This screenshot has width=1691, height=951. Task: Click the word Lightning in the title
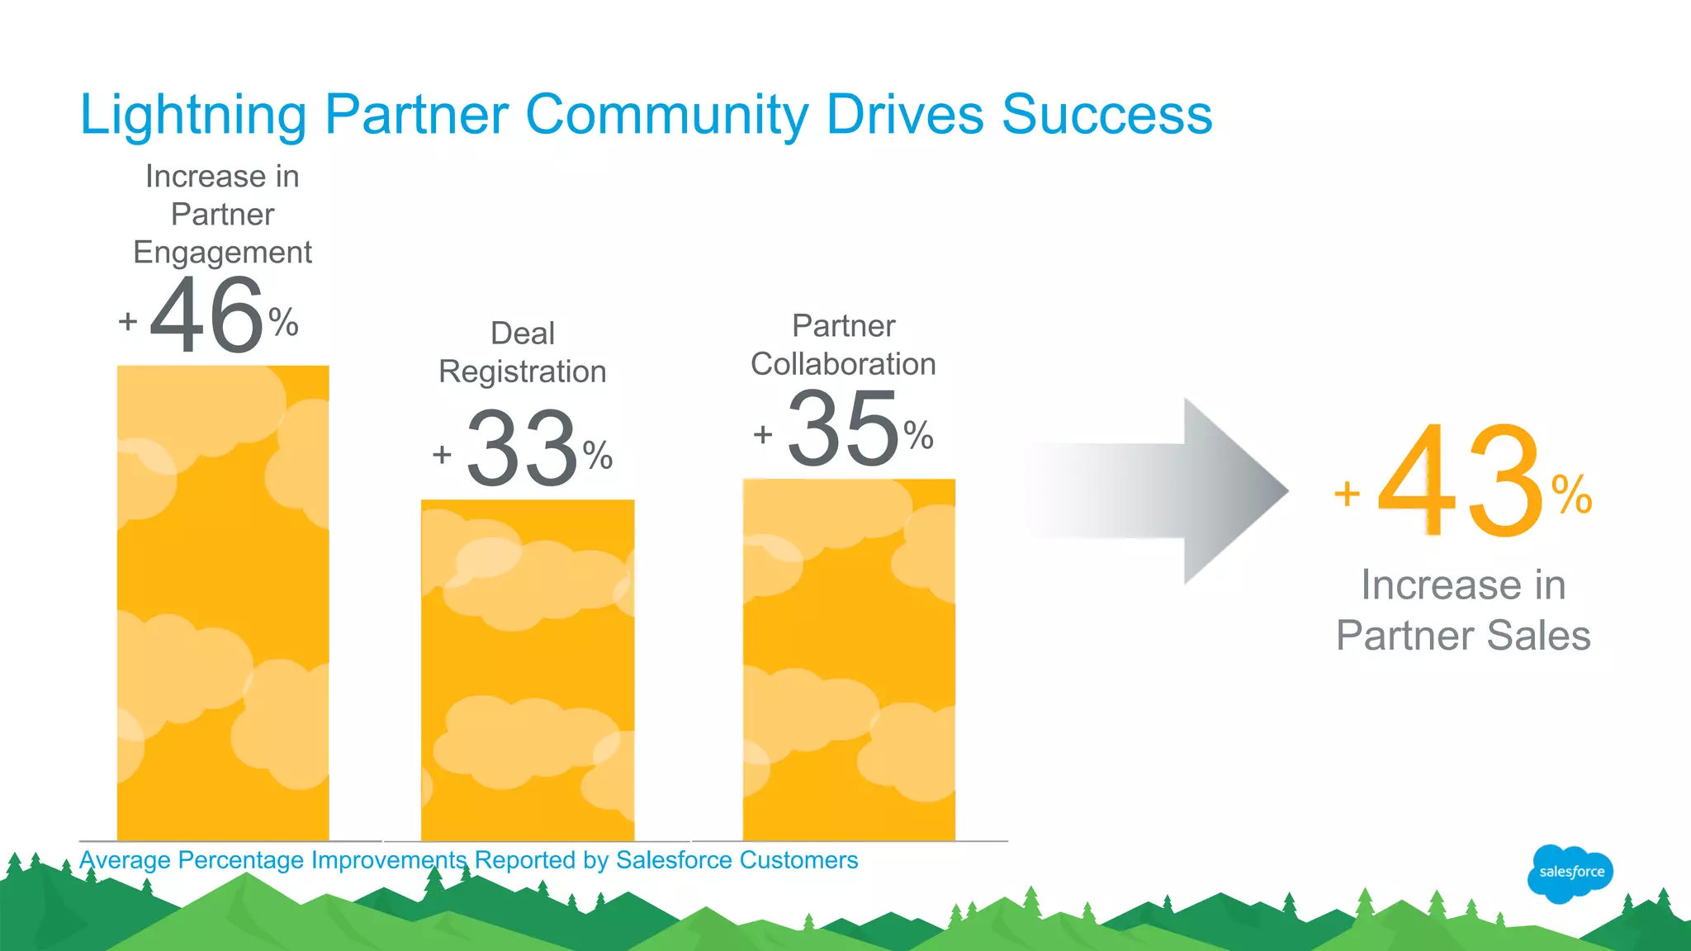click(x=193, y=115)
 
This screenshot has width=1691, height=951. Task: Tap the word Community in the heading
click(x=666, y=115)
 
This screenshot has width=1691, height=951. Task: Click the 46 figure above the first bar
click(x=207, y=316)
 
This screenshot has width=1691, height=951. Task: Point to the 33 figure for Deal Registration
click(x=523, y=449)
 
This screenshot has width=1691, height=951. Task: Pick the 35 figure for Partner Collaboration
click(x=843, y=429)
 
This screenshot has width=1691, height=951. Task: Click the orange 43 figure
click(x=1459, y=481)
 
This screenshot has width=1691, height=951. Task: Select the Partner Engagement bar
click(x=223, y=603)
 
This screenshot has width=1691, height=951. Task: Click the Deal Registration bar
click(x=528, y=669)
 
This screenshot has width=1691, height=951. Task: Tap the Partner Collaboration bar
click(x=849, y=660)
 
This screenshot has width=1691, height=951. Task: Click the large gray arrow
click(x=1172, y=491)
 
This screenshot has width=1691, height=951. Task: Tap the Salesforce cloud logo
click(x=1570, y=873)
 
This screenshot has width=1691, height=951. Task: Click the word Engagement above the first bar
click(x=223, y=253)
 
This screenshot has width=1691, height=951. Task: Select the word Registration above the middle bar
click(x=523, y=372)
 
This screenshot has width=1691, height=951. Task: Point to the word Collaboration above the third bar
click(x=843, y=364)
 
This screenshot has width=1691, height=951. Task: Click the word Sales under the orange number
click(x=1539, y=636)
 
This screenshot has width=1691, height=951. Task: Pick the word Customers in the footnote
click(x=798, y=860)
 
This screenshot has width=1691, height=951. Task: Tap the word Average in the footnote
click(x=126, y=860)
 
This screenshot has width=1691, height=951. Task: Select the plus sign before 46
click(x=128, y=320)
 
